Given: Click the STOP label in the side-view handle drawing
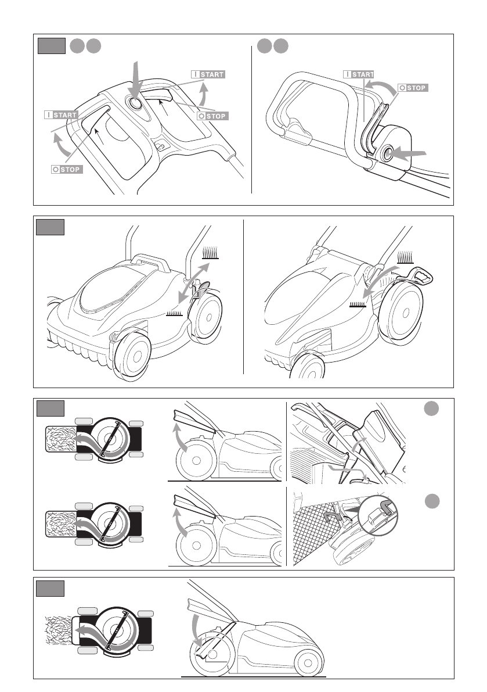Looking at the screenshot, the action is (x=413, y=88).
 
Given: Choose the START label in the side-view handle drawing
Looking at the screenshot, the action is (x=358, y=74).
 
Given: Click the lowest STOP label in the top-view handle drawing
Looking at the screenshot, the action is (x=66, y=170).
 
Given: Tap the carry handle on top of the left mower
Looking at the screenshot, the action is (x=150, y=262).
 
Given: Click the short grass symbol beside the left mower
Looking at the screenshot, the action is (x=174, y=314).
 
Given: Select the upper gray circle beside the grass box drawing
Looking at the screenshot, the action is (x=430, y=409).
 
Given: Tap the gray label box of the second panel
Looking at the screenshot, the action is (x=50, y=227).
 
